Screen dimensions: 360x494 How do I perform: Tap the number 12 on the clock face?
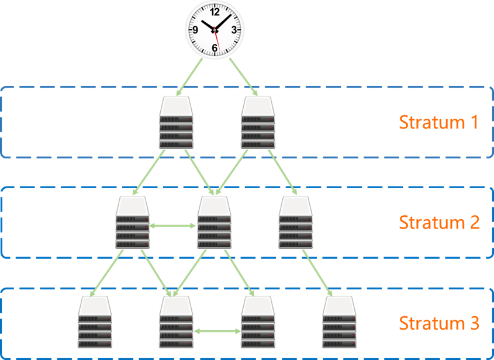[x=215, y=12]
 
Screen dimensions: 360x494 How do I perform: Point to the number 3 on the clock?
[x=234, y=30]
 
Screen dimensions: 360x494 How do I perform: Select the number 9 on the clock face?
[x=195, y=30]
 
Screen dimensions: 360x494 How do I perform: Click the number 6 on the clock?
[x=215, y=49]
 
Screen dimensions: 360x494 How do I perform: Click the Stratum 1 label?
[x=438, y=123]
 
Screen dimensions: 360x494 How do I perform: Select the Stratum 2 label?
[x=439, y=223]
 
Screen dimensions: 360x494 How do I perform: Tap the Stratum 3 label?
[x=439, y=323]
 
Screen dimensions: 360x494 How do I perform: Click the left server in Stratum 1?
[x=176, y=122]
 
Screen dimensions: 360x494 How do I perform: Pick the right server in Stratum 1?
[x=258, y=122]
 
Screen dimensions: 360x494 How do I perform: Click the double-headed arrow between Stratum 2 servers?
[x=172, y=225]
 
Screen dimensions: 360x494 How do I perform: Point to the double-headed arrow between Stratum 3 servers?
[x=217, y=332]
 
